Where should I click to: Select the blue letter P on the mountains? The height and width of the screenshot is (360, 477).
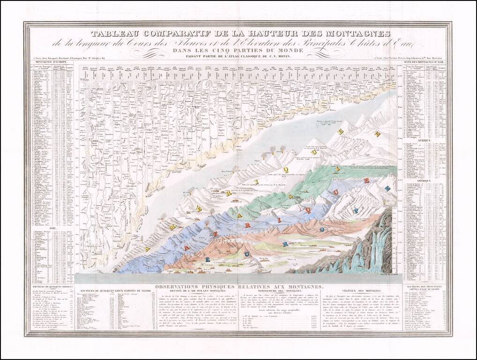[356, 210]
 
